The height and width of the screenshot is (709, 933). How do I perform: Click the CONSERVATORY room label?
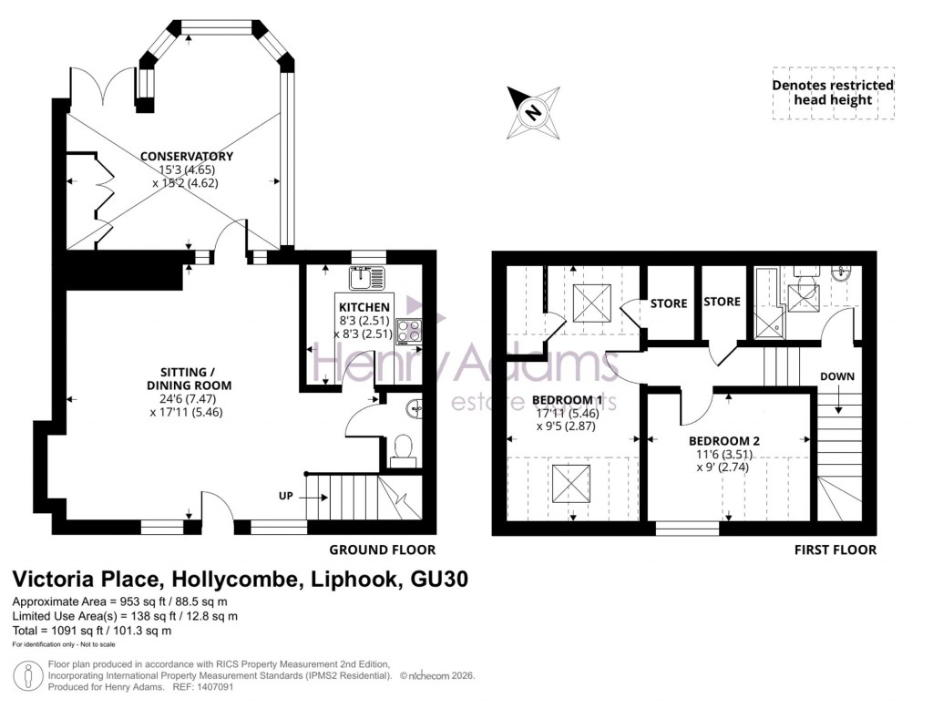[186, 156]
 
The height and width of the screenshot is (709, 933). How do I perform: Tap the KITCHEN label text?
[364, 307]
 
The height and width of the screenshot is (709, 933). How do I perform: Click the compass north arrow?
[534, 111]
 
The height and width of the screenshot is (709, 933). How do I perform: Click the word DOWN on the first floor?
[836, 375]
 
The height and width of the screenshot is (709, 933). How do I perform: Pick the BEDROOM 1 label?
[568, 399]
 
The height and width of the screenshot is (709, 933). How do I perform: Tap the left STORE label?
[668, 303]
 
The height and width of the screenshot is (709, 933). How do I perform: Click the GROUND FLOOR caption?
[382, 550]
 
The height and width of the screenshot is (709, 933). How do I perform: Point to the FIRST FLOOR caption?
[835, 550]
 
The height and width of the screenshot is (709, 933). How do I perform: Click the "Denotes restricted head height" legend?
[833, 93]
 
